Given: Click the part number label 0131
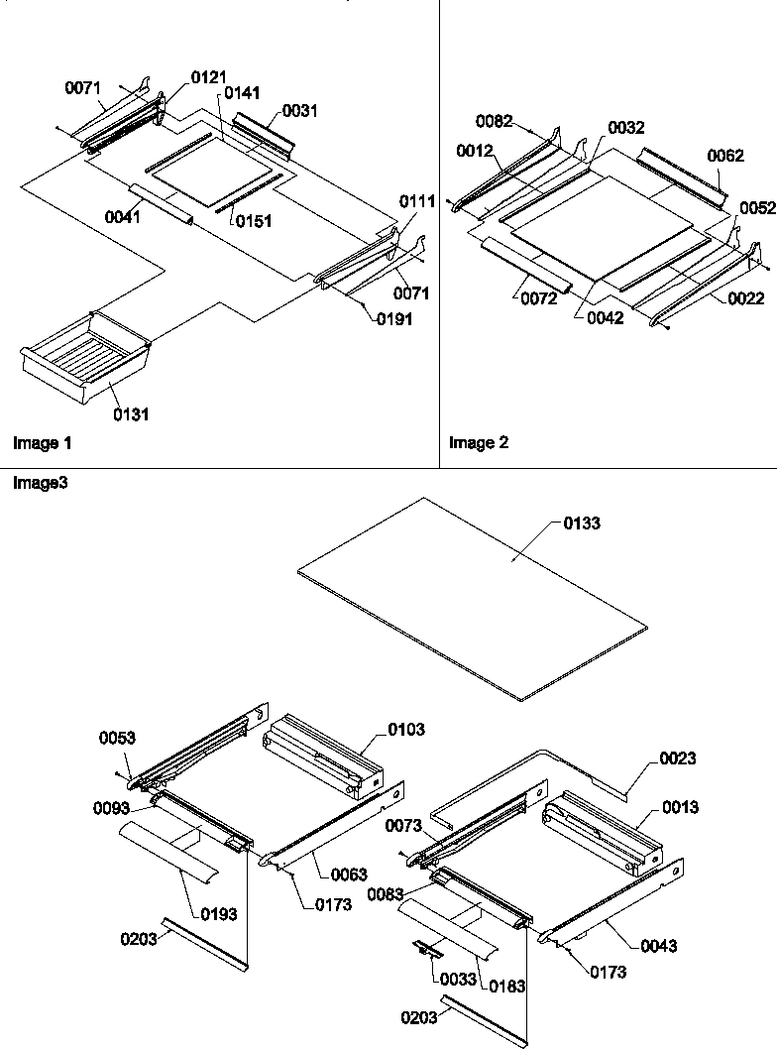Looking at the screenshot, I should pyautogui.click(x=131, y=414).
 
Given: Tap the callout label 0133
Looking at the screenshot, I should pyautogui.click(x=582, y=523).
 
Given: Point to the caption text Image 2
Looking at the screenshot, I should pyautogui.click(x=479, y=443).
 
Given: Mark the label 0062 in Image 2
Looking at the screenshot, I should pyautogui.click(x=725, y=156).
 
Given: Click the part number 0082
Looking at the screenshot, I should pyautogui.click(x=494, y=121).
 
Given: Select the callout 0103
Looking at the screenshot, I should pyautogui.click(x=406, y=729).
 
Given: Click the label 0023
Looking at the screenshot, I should pyautogui.click(x=678, y=758).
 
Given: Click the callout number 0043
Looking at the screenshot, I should pyautogui.click(x=658, y=946).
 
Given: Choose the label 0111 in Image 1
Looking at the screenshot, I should pyautogui.click(x=417, y=201).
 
